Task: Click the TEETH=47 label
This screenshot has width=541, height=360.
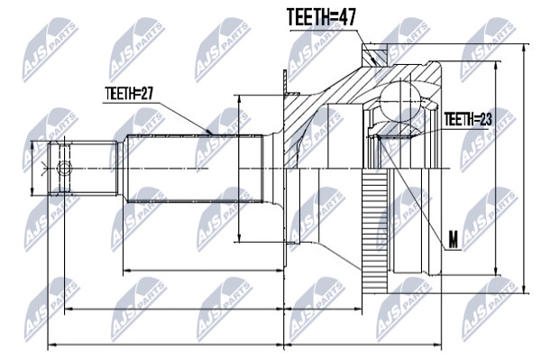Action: pyautogui.click(x=321, y=17)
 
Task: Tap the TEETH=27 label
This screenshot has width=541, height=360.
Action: pyautogui.click(x=129, y=94)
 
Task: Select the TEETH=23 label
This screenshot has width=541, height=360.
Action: pyautogui.click(x=468, y=119)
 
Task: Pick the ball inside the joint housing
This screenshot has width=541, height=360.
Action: pyautogui.click(x=400, y=101)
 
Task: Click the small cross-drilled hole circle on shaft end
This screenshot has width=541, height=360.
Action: pyautogui.click(x=65, y=169)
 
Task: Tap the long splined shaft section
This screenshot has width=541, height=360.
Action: pyautogui.click(x=194, y=169)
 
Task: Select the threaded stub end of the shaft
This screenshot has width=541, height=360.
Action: pyautogui.click(x=83, y=169)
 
